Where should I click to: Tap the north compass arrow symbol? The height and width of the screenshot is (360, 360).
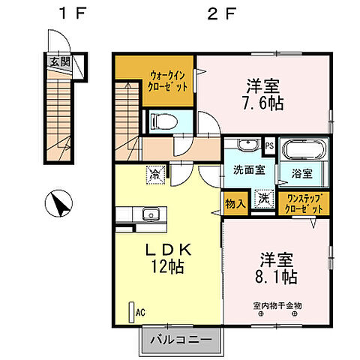tap(58, 202)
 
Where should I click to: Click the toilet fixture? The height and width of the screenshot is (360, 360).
tap(161, 120)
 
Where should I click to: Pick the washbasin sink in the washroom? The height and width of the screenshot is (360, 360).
tap(247, 145)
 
